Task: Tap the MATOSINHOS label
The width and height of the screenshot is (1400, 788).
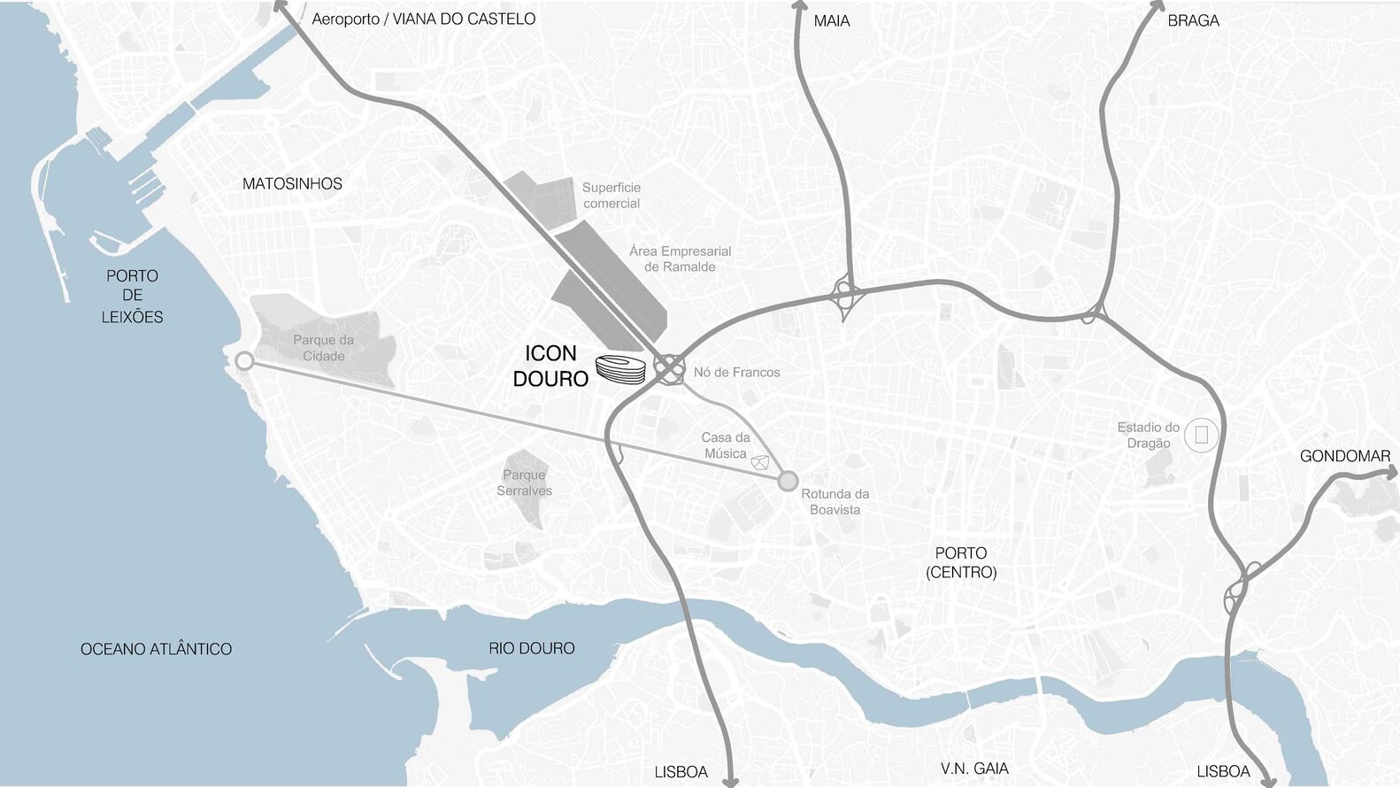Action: (x=292, y=184)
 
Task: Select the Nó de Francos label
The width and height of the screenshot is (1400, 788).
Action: (x=736, y=373)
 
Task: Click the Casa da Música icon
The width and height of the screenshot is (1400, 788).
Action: (x=758, y=462)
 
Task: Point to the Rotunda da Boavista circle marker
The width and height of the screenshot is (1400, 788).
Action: (x=787, y=482)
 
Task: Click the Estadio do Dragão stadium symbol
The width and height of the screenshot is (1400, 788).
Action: (x=1201, y=435)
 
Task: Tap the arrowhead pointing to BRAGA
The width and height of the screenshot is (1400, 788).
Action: (x=1156, y=5)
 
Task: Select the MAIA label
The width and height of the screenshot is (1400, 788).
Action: (x=831, y=21)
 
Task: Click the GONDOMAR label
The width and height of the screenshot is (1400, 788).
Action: (x=1344, y=457)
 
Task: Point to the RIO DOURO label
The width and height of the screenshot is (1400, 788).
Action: (x=531, y=649)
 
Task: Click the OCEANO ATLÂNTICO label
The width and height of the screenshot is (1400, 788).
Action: (x=156, y=650)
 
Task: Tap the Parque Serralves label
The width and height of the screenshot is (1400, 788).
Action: (x=524, y=483)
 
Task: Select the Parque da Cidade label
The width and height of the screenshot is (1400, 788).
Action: (x=323, y=348)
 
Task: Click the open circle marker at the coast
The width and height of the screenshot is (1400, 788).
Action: (x=245, y=361)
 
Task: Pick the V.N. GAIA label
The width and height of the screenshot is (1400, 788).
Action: (x=974, y=769)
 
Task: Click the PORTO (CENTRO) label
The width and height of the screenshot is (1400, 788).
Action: (x=961, y=562)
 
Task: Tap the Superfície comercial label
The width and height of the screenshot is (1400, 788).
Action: (x=611, y=196)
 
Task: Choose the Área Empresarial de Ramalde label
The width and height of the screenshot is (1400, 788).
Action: (x=680, y=259)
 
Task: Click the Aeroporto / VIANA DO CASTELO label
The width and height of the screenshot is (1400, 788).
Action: (x=423, y=19)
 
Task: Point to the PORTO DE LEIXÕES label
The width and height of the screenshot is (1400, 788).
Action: (x=132, y=297)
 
